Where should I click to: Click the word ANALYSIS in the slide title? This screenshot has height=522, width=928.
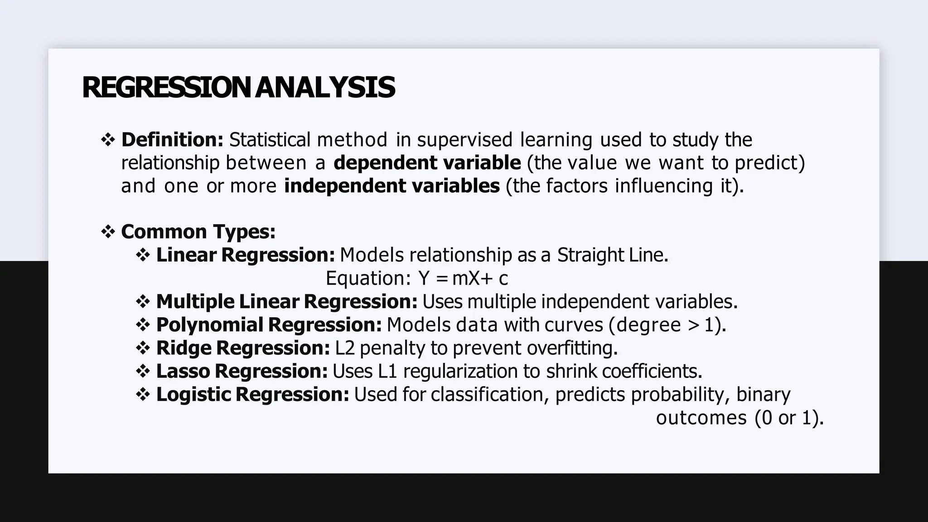tap(325, 87)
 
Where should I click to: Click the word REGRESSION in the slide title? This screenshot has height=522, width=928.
tap(166, 87)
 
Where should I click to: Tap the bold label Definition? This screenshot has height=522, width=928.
tap(172, 140)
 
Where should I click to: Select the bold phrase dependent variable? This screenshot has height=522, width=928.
tap(427, 163)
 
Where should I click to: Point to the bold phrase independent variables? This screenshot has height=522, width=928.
tap(391, 186)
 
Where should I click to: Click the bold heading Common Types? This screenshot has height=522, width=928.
tap(198, 232)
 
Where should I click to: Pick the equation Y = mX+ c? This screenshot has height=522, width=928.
tap(463, 278)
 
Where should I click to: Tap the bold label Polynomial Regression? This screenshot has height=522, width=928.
tap(269, 325)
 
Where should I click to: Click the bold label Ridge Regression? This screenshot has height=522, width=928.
tap(243, 348)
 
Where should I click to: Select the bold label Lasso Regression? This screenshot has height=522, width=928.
tap(242, 371)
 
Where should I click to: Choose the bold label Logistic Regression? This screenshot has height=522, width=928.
tap(252, 394)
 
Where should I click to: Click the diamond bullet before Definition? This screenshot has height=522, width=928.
tap(108, 140)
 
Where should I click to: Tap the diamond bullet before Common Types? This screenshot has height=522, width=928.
tap(108, 232)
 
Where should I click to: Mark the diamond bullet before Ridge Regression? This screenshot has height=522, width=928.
tap(143, 348)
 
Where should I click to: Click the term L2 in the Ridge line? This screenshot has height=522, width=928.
tap(345, 348)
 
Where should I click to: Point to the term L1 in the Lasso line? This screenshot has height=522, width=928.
tap(387, 371)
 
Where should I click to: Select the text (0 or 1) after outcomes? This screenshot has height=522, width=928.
tap(789, 417)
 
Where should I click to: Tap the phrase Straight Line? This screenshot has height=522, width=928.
tap(612, 255)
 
